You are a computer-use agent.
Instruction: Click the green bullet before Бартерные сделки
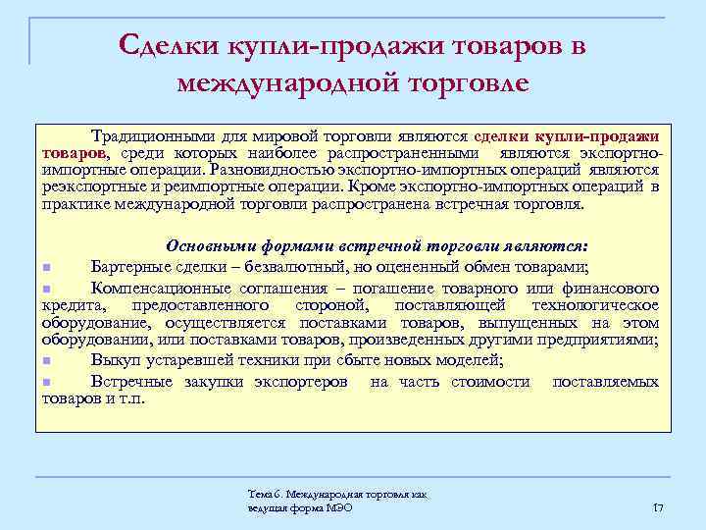point(46,268)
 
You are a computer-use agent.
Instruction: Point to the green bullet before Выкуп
point(46,362)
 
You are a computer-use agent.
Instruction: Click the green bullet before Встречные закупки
point(46,382)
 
